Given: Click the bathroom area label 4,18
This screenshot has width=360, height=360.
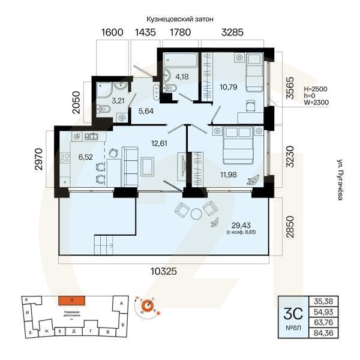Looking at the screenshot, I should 182,76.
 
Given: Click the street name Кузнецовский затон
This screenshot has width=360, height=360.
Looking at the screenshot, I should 179,19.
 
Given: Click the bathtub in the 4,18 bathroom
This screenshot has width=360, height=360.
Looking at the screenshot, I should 181,61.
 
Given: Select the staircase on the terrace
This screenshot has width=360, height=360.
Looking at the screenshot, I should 104,245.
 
